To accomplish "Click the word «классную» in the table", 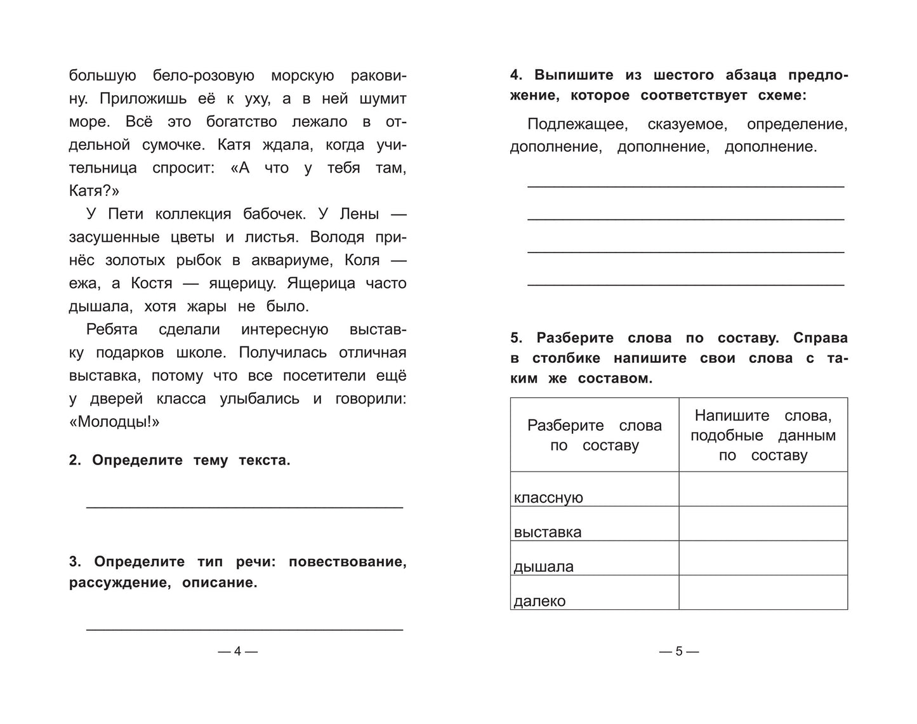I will tap(548, 497).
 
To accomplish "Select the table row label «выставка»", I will tap(547, 532).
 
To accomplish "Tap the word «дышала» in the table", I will tap(543, 567).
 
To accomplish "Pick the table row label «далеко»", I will tap(539, 601).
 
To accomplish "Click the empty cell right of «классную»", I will tap(763, 489).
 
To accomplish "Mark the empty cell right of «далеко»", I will tap(763, 592).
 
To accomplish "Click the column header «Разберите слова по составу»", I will tap(595, 435).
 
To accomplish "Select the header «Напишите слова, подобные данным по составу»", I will tap(763, 435).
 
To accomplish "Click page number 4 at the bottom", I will tap(237, 651).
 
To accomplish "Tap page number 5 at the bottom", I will tap(678, 651).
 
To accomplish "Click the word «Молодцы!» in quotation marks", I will tap(114, 422).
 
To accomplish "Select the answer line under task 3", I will tap(244, 629).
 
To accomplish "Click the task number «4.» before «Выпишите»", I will tap(517, 75).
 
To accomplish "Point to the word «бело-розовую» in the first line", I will tap(204, 76).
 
